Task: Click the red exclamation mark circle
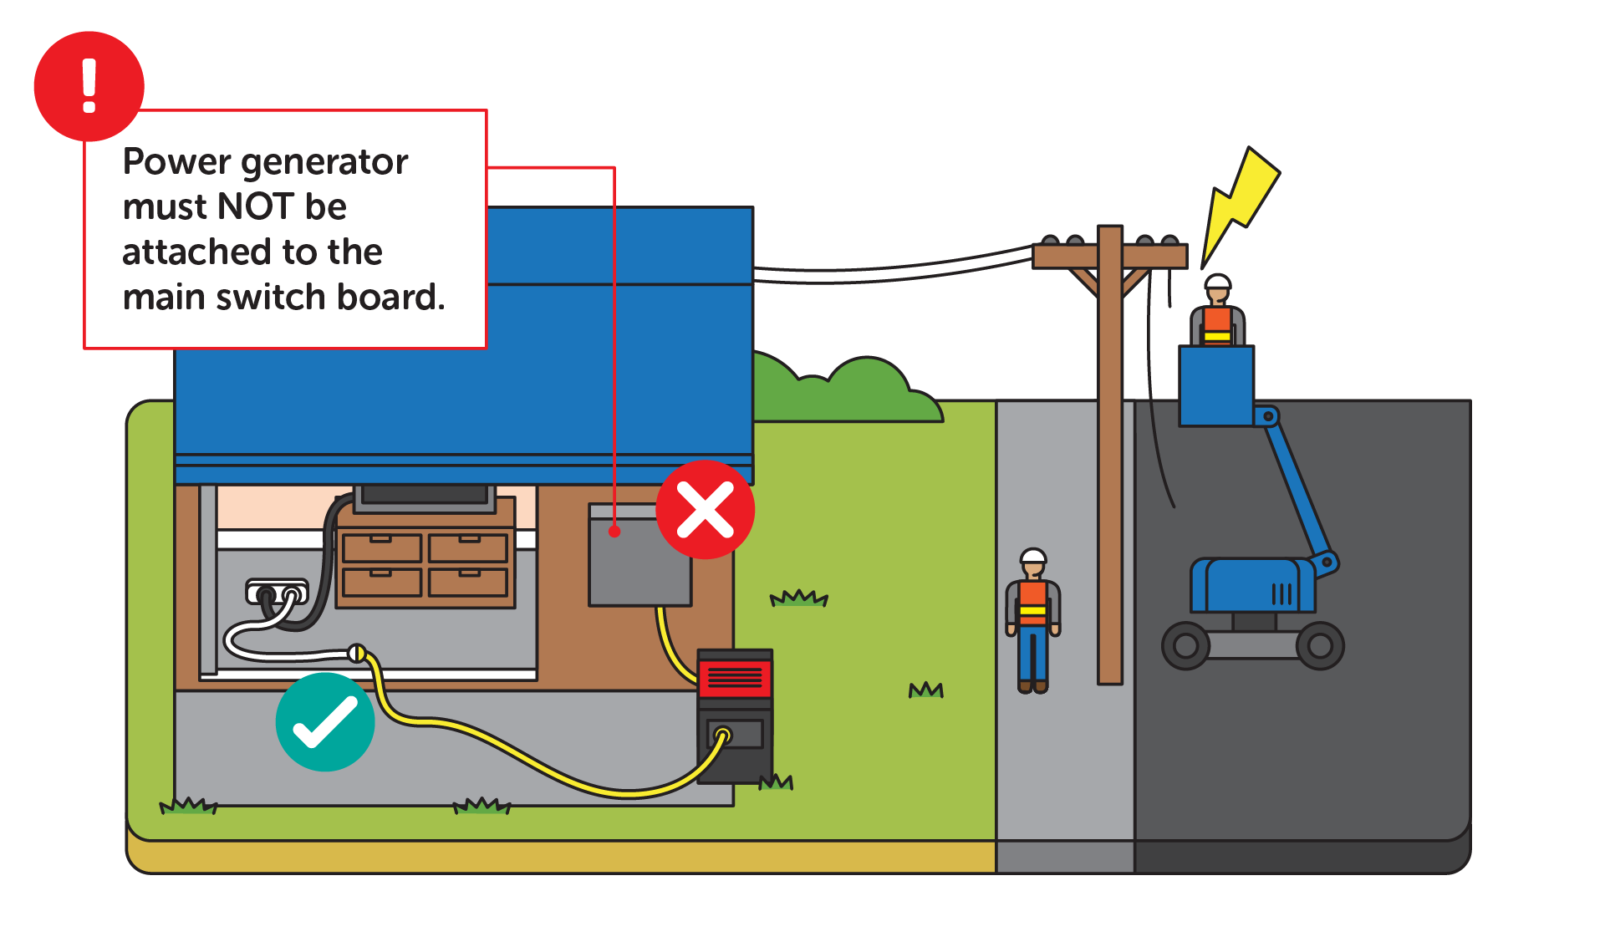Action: coord(89,86)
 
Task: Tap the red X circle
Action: coord(705,510)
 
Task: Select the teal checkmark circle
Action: coord(325,722)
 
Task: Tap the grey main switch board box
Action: coord(639,560)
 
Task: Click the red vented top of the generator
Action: coord(735,677)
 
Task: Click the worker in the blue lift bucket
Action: coord(1217,313)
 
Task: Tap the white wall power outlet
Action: coord(277,593)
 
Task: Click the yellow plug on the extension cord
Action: coord(357,653)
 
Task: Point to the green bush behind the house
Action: coord(844,393)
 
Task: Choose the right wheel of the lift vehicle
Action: coord(1320,645)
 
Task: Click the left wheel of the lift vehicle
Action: coord(1185,645)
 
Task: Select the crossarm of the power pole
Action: coord(1110,256)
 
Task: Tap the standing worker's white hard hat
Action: coord(1033,557)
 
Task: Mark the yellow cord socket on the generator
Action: coord(723,736)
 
